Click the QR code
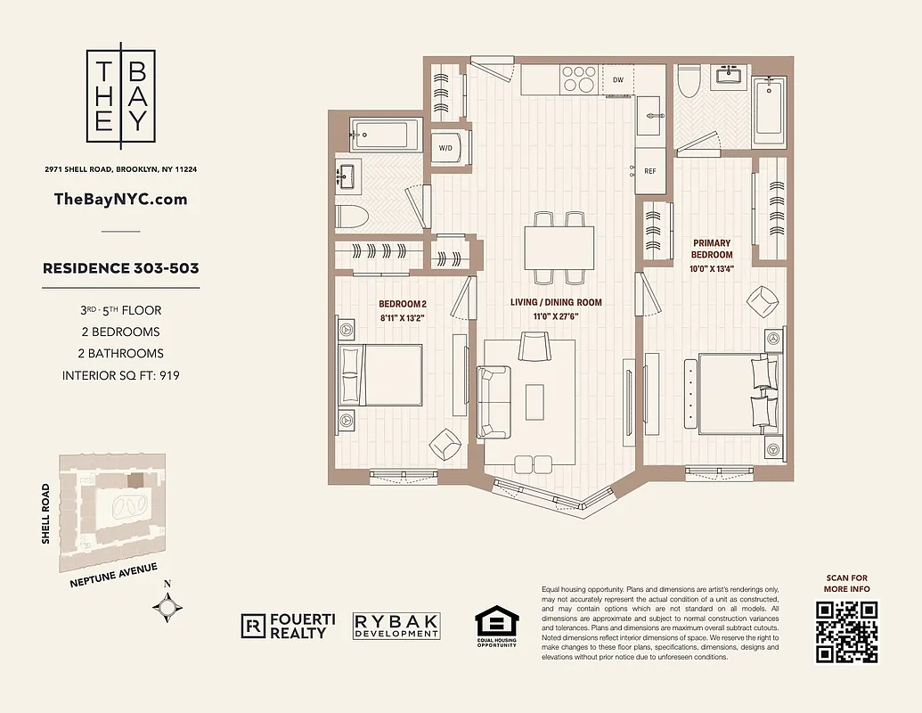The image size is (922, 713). [846, 631]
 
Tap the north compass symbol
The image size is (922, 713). [168, 607]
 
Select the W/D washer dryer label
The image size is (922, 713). [445, 148]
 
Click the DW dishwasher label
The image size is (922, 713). [618, 79]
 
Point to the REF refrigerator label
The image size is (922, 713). [649, 171]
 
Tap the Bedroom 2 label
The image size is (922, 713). [404, 308]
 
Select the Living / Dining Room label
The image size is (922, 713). [556, 308]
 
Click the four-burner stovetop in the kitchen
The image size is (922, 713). [578, 80]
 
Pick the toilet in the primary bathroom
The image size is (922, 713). [687, 84]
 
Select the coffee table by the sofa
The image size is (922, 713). [535, 401]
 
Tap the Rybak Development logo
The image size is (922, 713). [396, 626]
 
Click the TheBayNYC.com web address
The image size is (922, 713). [121, 199]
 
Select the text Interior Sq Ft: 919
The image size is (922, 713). [121, 375]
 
